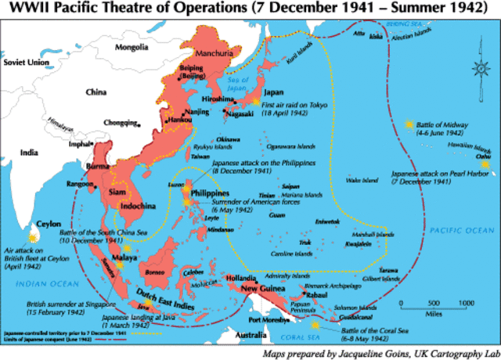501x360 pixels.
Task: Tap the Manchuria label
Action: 202,54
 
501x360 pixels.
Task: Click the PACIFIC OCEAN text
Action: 460,229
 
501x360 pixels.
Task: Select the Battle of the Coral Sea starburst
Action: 314,323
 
